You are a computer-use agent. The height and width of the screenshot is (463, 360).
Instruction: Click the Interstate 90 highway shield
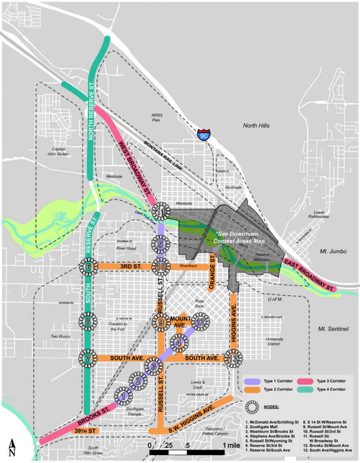click(x=204, y=135)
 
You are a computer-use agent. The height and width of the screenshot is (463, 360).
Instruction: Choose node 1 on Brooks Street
click(x=123, y=396)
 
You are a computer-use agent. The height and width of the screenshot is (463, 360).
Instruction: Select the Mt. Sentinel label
click(x=333, y=329)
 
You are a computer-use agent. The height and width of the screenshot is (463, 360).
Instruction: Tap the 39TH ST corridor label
click(x=86, y=431)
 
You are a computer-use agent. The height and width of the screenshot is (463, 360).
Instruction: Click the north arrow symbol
click(x=13, y=447)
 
